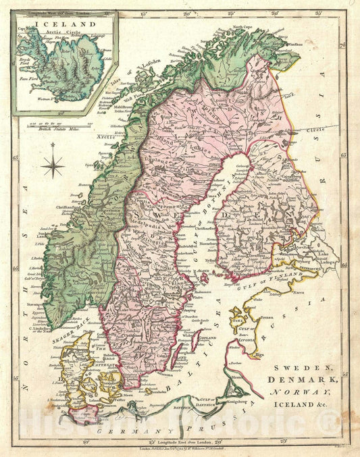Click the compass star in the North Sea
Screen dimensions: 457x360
[53, 163]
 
